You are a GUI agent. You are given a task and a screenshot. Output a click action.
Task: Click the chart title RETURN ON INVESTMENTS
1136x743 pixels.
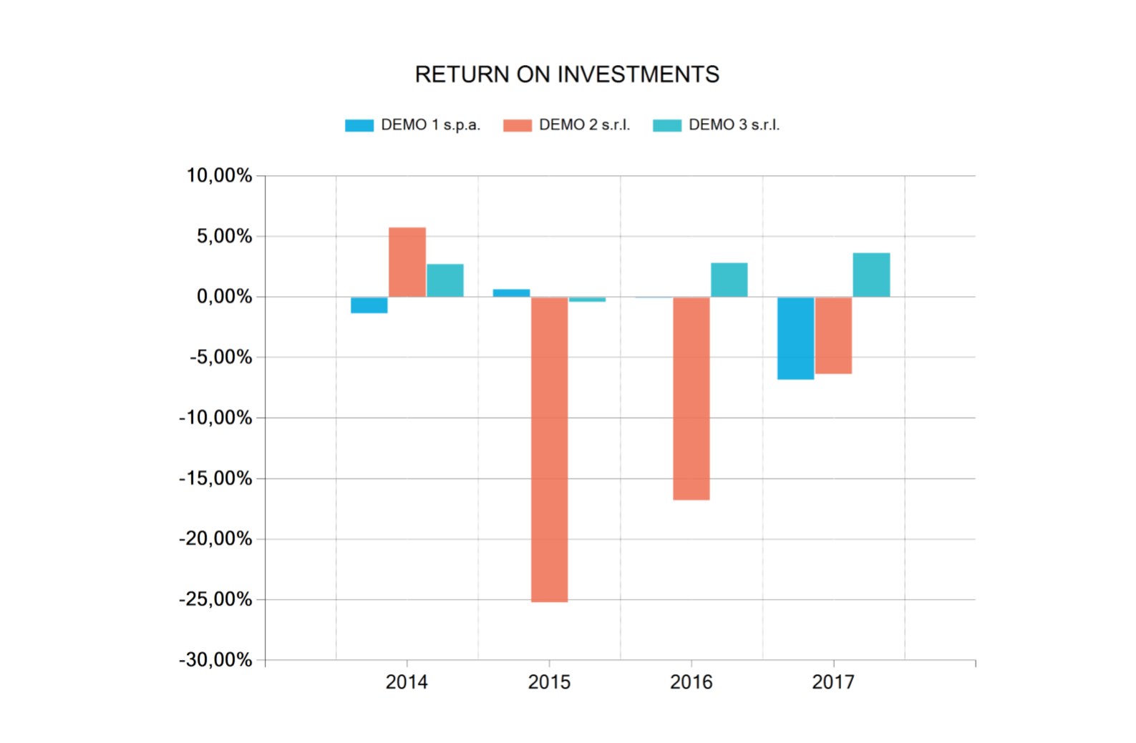tap(567, 74)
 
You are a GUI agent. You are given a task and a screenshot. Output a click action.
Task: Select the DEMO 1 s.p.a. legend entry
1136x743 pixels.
tap(412, 125)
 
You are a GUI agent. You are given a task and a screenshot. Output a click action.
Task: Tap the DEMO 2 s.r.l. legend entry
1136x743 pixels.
tap(566, 125)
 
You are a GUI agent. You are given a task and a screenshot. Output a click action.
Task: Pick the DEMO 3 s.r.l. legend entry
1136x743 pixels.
tap(716, 125)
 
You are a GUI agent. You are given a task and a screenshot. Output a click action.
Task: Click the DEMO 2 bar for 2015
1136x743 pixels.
tap(549, 449)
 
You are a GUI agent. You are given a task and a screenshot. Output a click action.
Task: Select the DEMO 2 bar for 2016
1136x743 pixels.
tap(691, 398)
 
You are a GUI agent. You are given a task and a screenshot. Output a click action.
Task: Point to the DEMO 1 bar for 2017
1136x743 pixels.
tap(796, 338)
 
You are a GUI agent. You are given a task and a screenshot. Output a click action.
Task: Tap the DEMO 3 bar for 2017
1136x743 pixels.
tap(871, 275)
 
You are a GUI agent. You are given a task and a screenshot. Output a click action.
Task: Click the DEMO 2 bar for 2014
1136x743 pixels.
tap(407, 262)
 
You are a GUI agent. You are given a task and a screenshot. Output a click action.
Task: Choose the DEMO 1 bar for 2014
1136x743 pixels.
tap(369, 305)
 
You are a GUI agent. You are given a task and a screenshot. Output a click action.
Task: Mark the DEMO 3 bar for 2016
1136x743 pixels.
tap(729, 280)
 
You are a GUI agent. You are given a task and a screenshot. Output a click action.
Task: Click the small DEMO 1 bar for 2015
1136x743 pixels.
tap(511, 293)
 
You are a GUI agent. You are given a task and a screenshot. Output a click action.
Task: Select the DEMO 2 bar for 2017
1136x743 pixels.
tap(834, 335)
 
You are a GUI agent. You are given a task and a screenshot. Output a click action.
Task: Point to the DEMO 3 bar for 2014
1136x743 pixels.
tap(445, 280)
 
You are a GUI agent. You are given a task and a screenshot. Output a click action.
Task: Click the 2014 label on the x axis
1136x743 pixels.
tap(407, 682)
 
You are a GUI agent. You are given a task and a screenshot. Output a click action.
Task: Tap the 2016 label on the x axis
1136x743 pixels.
tap(691, 682)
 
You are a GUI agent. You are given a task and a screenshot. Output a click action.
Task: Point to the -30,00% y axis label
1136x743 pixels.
tap(215, 660)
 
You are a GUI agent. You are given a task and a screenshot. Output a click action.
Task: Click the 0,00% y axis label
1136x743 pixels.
tap(224, 297)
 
